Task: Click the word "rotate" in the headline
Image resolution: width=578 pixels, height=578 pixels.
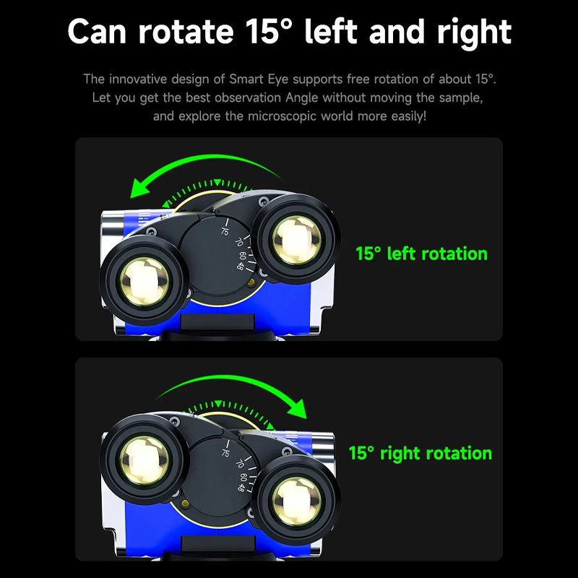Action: click(186, 32)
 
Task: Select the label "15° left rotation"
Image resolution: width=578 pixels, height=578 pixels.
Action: click(422, 254)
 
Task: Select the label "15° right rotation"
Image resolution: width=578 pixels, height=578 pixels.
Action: click(420, 454)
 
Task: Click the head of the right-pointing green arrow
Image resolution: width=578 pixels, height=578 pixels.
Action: click(298, 408)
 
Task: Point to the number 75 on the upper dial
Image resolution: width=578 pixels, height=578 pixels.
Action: click(225, 231)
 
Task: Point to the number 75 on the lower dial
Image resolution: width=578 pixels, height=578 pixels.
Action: click(225, 453)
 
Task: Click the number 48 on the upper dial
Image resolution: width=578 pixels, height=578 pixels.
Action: click(241, 266)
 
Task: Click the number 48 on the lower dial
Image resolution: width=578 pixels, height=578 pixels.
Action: click(241, 487)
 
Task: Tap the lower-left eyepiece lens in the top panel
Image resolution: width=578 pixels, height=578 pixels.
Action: click(144, 282)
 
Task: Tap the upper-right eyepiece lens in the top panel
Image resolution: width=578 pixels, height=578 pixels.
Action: click(297, 241)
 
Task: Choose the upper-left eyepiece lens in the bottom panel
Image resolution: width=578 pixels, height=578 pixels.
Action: click(144, 461)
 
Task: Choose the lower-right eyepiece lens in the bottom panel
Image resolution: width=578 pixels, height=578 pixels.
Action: click(297, 501)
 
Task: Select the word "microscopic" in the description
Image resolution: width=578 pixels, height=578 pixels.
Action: click(282, 116)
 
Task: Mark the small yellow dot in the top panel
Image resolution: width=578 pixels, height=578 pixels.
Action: click(251, 282)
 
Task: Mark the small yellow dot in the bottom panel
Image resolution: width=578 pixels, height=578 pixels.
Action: click(186, 504)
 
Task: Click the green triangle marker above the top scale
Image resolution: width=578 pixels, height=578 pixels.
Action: click(217, 182)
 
